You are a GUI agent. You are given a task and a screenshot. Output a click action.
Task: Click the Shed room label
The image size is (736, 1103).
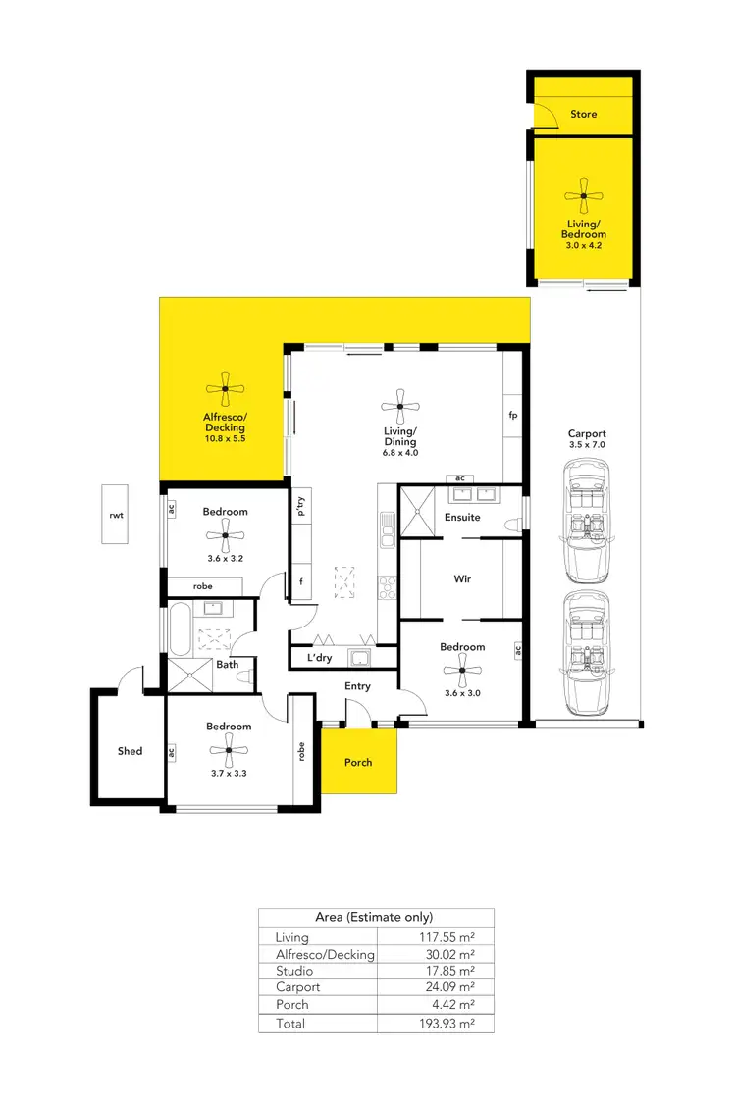click(130, 751)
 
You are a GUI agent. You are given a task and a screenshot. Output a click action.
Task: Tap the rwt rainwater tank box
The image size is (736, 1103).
click(116, 513)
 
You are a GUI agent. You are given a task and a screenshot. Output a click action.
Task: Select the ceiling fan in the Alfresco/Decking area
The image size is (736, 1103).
click(225, 389)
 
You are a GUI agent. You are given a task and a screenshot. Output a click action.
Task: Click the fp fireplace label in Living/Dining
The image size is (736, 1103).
click(512, 415)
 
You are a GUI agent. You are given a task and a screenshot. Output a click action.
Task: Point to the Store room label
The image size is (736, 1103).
click(583, 114)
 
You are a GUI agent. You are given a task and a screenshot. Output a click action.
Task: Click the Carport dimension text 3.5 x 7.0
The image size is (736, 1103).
click(587, 445)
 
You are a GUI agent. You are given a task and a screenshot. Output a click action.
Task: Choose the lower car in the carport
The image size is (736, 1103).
click(587, 654)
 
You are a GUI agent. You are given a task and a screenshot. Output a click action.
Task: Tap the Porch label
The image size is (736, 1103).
click(358, 762)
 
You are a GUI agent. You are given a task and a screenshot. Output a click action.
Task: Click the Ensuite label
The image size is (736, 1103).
click(462, 517)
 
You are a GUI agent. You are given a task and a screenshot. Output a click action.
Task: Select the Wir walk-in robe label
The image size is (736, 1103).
click(462, 579)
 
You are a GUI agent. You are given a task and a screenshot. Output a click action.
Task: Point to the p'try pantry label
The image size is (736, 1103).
click(301, 508)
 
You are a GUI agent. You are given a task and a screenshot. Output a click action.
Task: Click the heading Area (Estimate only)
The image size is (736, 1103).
click(374, 917)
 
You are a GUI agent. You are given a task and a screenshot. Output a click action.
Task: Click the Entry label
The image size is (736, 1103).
click(357, 686)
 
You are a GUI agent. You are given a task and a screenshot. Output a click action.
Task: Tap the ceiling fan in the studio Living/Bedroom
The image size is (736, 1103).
click(583, 196)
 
